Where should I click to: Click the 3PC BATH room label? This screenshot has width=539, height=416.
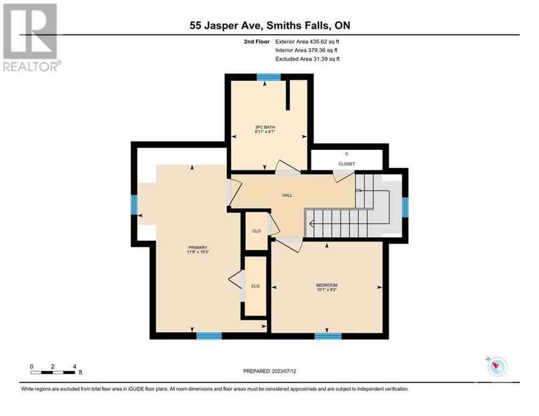265,129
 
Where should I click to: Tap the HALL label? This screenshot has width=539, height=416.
287,196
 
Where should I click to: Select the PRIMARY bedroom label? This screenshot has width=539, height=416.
198,250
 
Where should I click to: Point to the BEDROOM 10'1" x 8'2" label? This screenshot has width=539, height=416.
327,288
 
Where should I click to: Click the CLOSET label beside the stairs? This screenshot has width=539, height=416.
347,164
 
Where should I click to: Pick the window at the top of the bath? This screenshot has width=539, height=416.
269,77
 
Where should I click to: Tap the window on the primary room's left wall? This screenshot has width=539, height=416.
134,205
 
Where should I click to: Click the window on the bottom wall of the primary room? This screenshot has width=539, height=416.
209,336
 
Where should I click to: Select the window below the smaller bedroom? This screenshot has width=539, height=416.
328,336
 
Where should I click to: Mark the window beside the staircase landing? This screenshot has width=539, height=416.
405,207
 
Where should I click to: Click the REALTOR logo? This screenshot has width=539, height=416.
31,37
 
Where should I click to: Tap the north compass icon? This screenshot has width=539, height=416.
497,367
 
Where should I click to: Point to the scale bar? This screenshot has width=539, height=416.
53,373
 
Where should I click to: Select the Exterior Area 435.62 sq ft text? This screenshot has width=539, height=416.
307,42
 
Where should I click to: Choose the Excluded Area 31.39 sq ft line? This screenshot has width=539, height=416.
307,59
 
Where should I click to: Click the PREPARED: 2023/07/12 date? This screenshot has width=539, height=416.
270,371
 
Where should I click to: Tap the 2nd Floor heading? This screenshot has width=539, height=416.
256,42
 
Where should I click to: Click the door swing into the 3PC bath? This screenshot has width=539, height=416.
288,166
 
